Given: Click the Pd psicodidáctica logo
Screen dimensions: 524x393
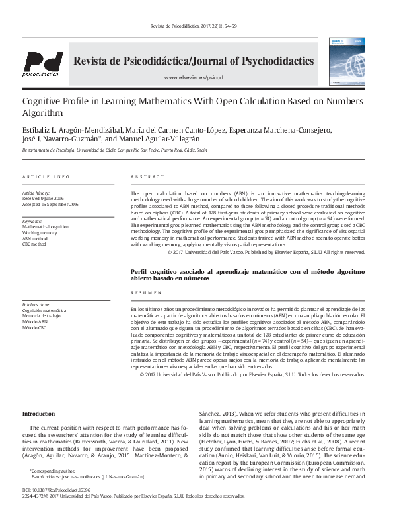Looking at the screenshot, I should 43,63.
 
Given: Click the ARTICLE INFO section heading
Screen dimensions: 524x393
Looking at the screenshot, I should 46,177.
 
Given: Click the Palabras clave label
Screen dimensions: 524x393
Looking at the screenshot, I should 36,304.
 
